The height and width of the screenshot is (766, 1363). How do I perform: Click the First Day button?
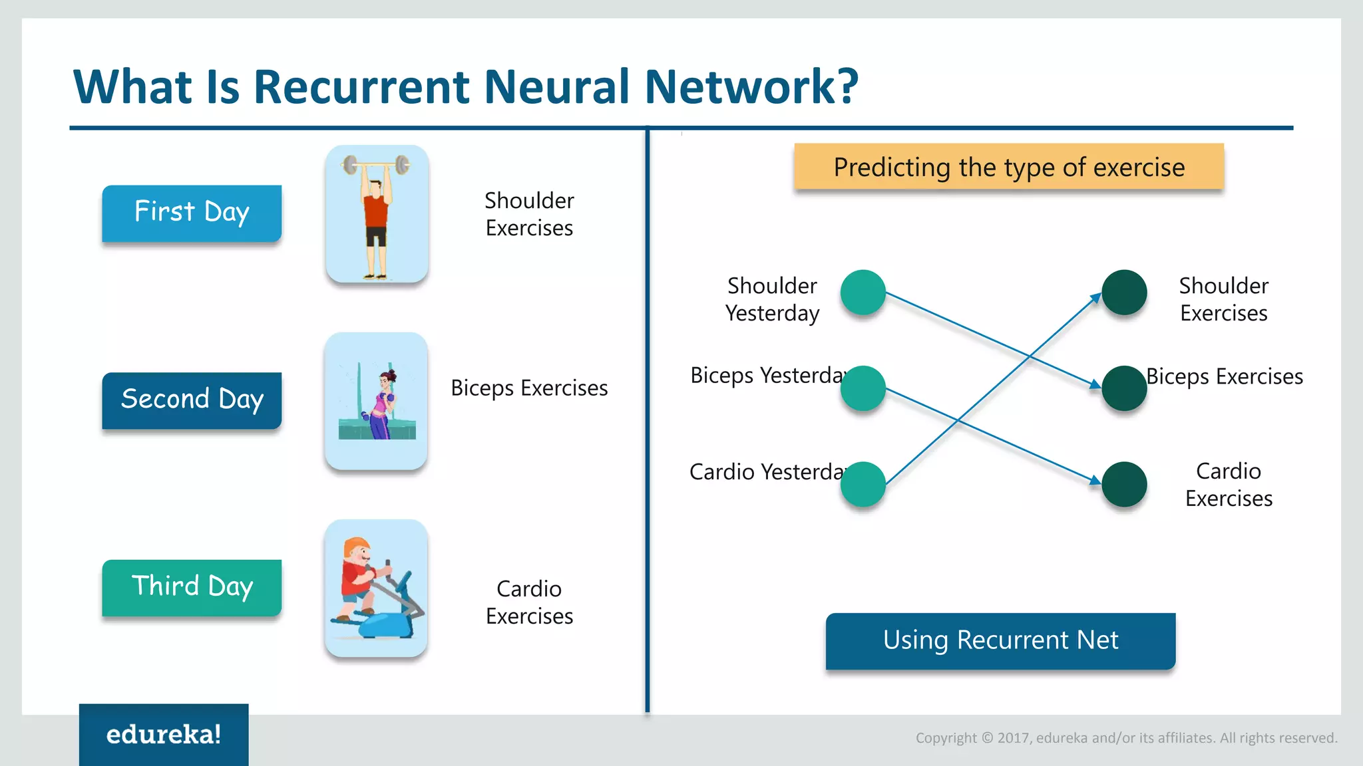pos(192,213)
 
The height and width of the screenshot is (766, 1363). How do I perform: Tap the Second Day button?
pos(192,400)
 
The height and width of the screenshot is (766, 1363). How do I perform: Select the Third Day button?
pos(192,587)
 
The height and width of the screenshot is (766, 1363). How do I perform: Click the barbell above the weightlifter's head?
pos(376,164)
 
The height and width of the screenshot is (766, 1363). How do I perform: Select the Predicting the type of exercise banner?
pos(1008,167)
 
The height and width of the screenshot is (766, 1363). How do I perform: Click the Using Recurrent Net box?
pos(1000,640)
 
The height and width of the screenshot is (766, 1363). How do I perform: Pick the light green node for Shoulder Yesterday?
pos(863,293)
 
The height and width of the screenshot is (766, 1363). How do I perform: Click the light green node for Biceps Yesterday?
pos(863,388)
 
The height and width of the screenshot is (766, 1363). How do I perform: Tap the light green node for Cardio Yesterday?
pos(863,484)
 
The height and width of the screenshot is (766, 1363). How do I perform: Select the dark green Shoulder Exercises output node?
pos(1124,293)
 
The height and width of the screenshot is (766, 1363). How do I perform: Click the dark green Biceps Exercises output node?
pos(1124,388)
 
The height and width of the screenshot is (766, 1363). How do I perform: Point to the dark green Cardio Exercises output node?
pos(1124,484)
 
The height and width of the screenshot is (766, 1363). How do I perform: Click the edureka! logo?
pos(164,735)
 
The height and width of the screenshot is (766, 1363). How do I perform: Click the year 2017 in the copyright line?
pos(1014,738)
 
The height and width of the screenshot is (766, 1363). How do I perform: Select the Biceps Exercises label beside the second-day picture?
pos(529,388)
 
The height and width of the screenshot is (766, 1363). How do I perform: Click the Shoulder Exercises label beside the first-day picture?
pos(529,214)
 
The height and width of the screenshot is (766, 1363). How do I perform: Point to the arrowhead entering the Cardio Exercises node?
pos(1095,479)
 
